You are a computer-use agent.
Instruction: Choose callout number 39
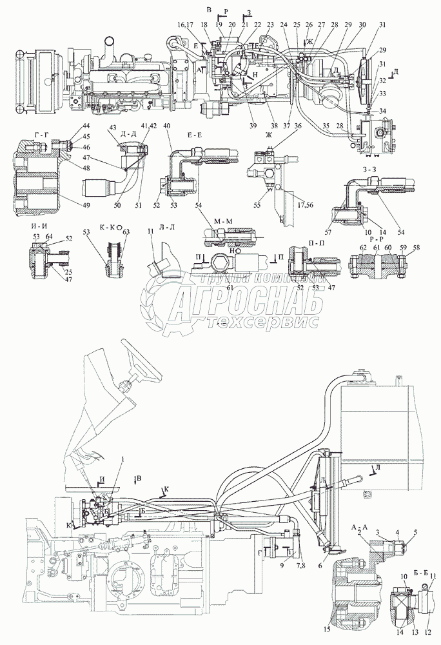tap(251, 124)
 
